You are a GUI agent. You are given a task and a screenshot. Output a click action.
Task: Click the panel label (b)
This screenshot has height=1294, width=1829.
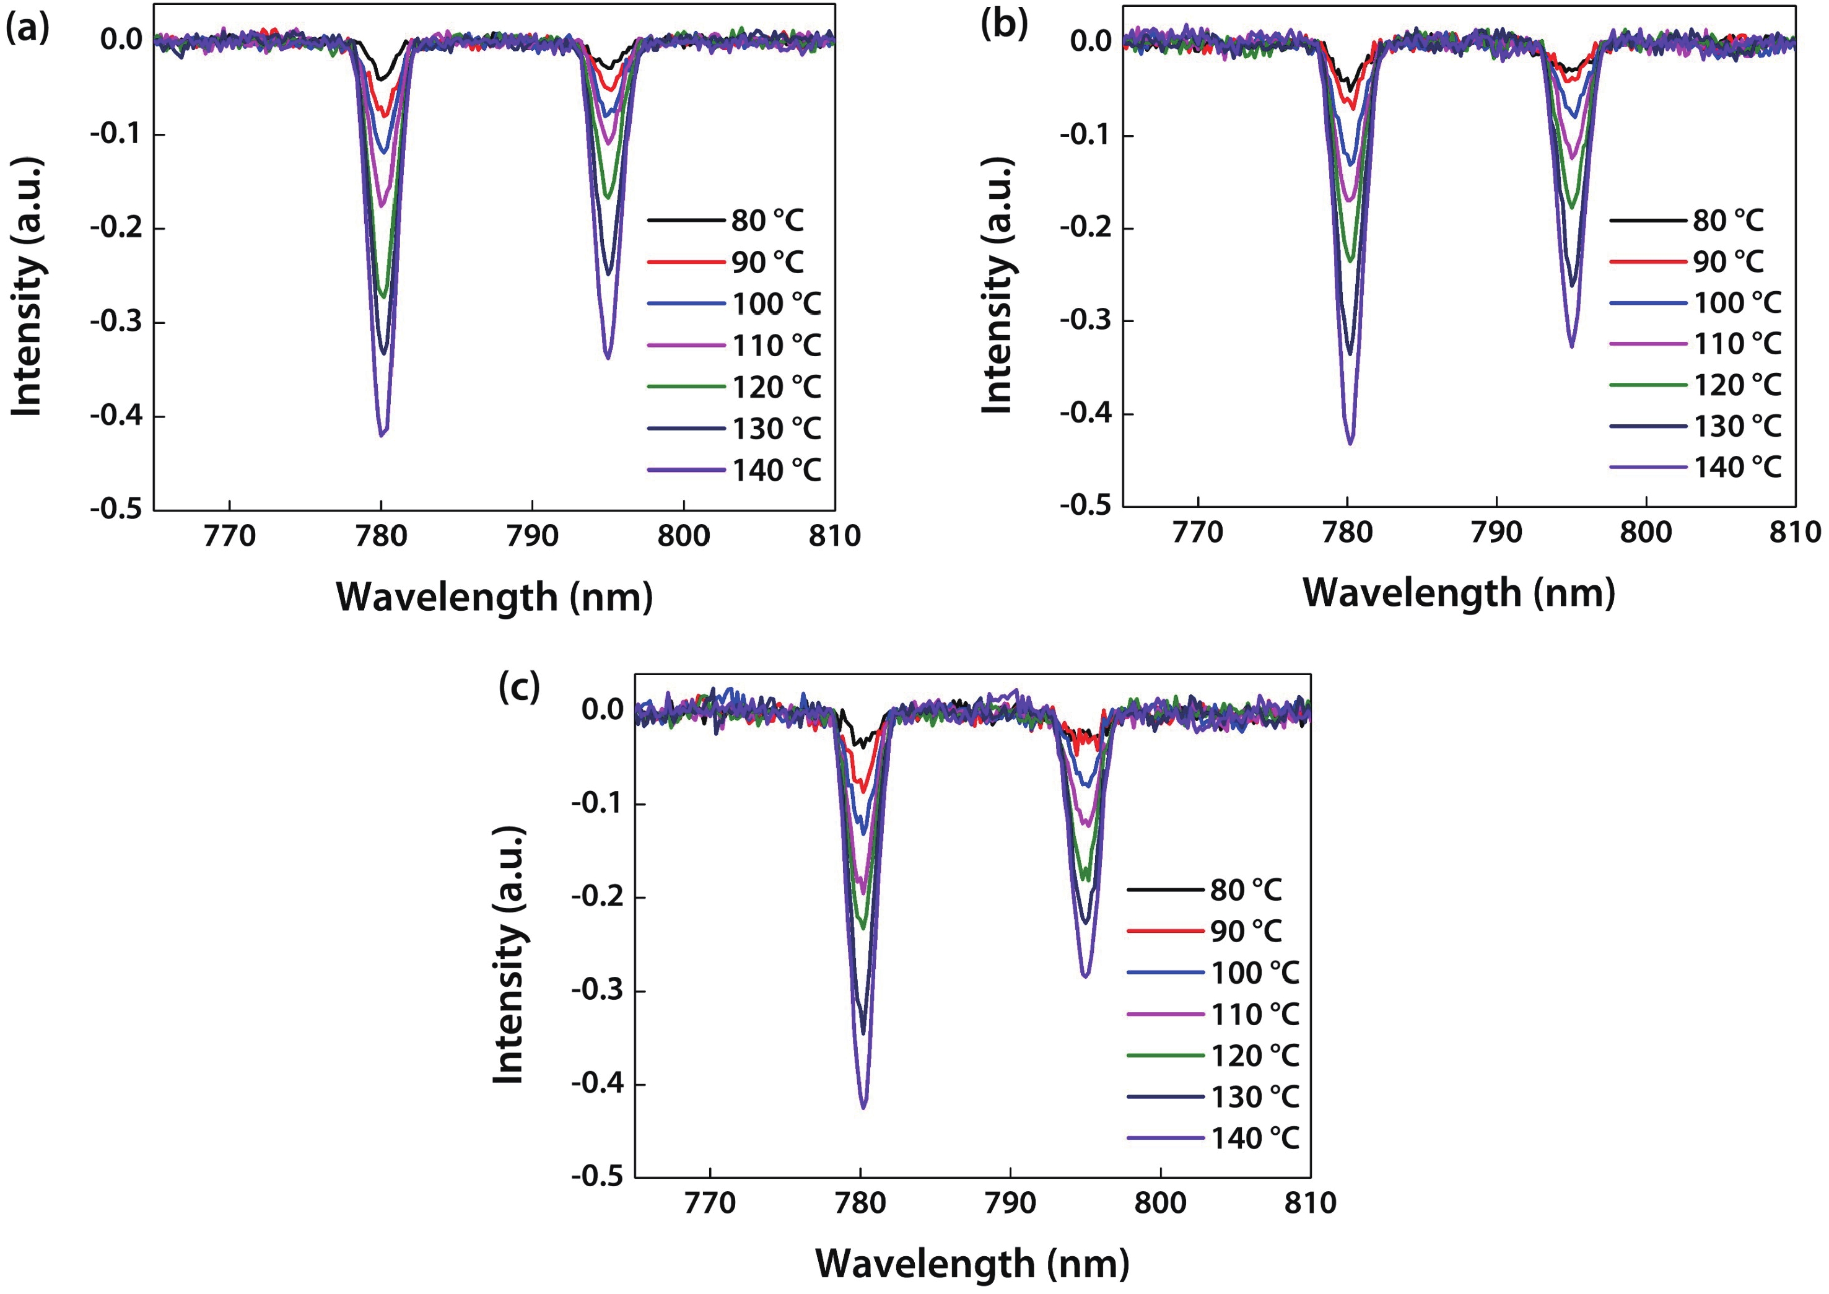tap(1004, 25)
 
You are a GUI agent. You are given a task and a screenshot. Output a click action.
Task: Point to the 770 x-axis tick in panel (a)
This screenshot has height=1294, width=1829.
tap(229, 535)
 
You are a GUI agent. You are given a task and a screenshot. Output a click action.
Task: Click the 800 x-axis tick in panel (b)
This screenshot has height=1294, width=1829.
tap(1646, 532)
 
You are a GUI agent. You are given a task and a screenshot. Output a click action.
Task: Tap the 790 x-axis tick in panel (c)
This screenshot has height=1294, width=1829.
tap(1010, 1202)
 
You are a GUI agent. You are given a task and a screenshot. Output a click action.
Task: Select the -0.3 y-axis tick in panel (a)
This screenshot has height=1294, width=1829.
tap(115, 322)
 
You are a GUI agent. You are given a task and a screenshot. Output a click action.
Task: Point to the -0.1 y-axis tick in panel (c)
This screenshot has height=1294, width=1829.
tap(598, 803)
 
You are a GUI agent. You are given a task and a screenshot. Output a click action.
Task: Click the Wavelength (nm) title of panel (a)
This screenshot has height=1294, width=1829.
tap(494, 597)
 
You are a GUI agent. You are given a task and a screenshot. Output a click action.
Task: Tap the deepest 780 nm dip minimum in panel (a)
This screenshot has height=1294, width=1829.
tap(382, 435)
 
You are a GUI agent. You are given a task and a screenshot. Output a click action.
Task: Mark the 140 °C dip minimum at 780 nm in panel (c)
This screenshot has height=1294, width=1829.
tap(863, 1108)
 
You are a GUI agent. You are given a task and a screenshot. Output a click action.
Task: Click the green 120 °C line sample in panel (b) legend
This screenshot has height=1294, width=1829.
tap(1648, 385)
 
